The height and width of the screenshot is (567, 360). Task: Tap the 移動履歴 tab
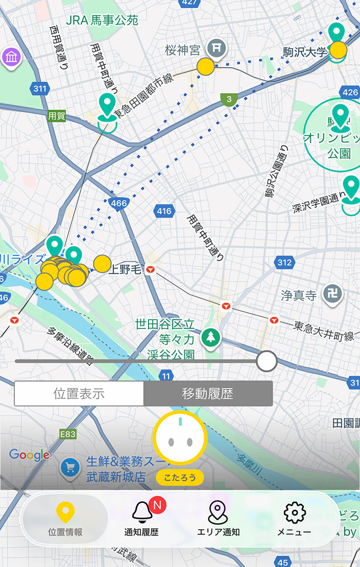point(207,394)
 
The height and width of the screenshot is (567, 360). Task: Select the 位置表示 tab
point(79,394)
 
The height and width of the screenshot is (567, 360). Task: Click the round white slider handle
point(267,361)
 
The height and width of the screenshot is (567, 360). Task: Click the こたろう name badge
point(179,478)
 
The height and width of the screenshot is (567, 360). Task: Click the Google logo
point(29,455)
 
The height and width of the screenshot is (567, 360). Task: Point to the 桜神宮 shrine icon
point(217,49)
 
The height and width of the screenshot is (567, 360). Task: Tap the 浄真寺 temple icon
point(332,295)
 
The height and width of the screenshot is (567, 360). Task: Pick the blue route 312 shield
point(284,263)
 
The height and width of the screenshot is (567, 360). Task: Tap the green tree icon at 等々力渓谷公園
point(211,337)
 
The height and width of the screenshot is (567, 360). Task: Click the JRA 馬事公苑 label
point(102,21)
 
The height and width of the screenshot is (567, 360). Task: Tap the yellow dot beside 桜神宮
point(205,67)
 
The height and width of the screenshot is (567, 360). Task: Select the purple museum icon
point(10,57)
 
